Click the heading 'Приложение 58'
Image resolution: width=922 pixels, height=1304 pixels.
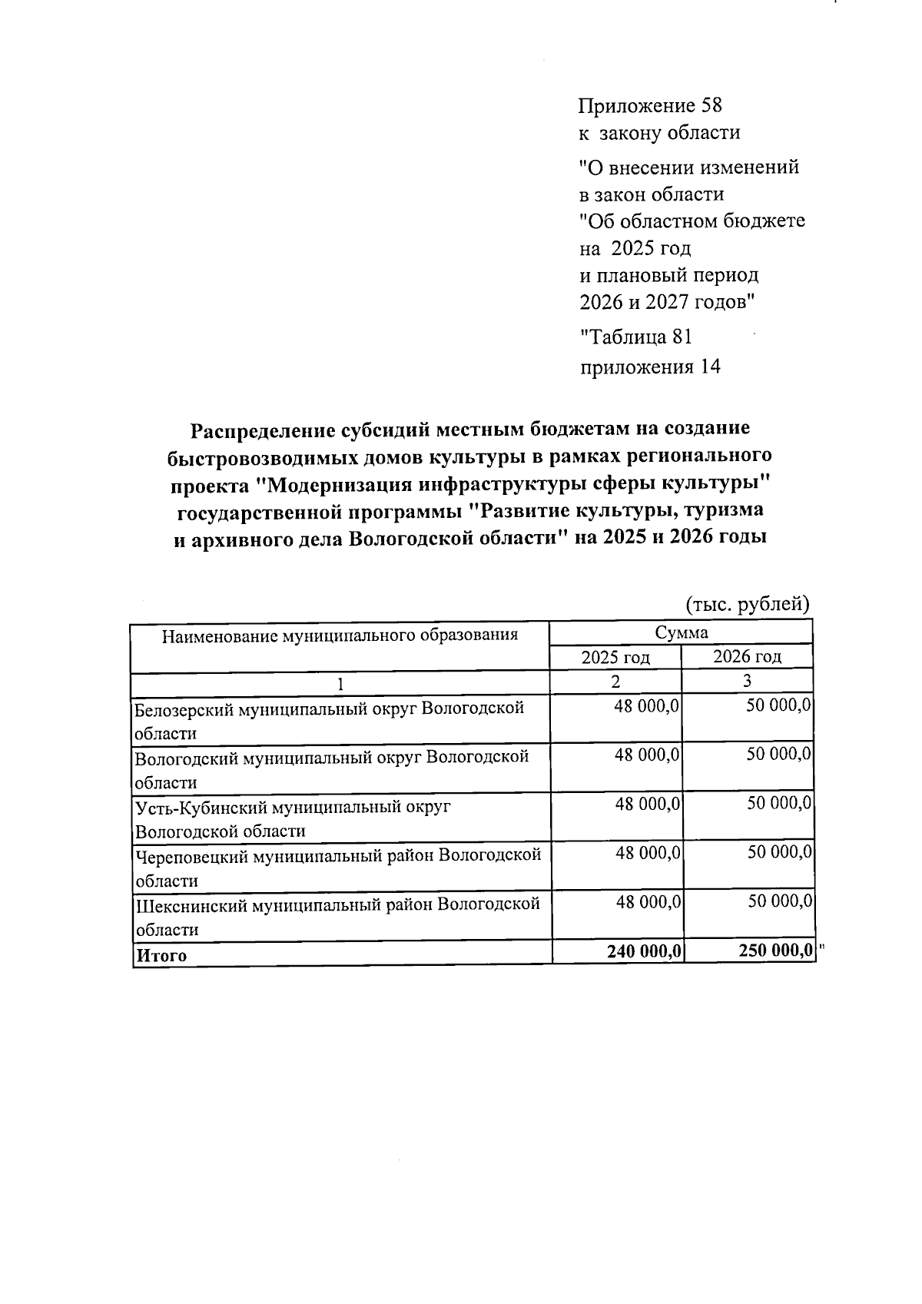[x=650, y=105]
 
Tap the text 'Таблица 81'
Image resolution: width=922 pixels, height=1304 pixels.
[x=636, y=337]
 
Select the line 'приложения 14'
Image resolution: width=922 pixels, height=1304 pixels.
[x=650, y=367]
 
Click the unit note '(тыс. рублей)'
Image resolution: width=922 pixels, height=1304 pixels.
[x=747, y=605]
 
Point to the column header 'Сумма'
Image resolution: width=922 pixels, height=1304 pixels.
[x=681, y=633]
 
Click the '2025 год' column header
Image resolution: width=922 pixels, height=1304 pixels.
[x=615, y=658]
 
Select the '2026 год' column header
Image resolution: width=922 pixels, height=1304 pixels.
[x=747, y=657]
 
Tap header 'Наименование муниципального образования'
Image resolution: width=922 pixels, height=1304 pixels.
[x=339, y=635]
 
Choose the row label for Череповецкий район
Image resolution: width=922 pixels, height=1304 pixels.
[x=338, y=868]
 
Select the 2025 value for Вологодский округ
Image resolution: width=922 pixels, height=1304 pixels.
[x=647, y=756]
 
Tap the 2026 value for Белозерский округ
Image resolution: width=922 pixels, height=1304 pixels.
[x=778, y=706]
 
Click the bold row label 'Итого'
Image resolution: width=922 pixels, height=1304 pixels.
[x=161, y=956]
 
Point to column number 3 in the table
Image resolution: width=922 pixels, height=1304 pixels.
[x=747, y=682]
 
